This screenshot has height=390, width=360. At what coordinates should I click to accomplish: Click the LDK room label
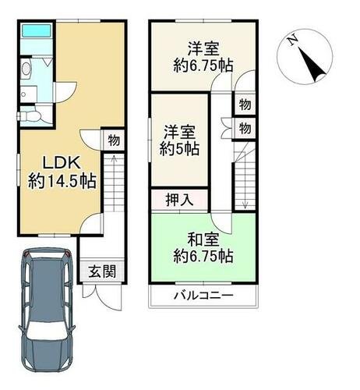pyautogui.click(x=62, y=163)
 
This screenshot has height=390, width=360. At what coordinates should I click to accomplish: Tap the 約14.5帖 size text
pyautogui.click(x=62, y=181)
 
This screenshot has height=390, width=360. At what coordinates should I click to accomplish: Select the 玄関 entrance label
pyautogui.click(x=102, y=272)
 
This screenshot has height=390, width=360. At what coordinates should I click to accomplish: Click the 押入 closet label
pyautogui.click(x=179, y=200)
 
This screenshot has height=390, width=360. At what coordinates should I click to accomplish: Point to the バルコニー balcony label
pyautogui.click(x=203, y=296)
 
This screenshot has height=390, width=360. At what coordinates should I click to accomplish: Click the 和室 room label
pyautogui.click(x=203, y=239)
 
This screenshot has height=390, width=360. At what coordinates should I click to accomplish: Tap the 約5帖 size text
pyautogui.click(x=179, y=149)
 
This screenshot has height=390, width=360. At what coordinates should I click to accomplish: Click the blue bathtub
pyautogui.click(x=36, y=30)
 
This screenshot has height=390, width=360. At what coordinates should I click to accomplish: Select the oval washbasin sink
pyautogui.click(x=26, y=69)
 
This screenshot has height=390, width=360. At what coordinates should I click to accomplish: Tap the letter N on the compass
pyautogui.click(x=293, y=41)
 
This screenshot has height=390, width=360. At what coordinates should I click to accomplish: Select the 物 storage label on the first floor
pyautogui.click(x=114, y=140)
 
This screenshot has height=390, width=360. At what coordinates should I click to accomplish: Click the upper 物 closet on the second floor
pyautogui.click(x=245, y=105)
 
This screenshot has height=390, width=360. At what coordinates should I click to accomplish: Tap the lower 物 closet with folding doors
pyautogui.click(x=245, y=129)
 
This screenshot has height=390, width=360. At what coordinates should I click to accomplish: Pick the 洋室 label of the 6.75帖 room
pyautogui.click(x=203, y=49)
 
